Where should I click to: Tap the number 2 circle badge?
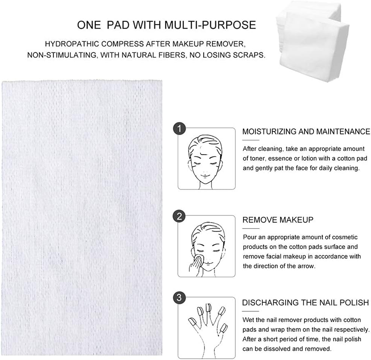[179, 217]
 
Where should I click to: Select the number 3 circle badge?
[179, 298]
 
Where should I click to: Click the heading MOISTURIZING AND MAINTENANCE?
[306, 132]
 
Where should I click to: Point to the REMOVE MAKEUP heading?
[278, 220]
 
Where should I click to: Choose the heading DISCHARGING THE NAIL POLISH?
[305, 303]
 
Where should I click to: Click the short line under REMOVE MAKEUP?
[251, 228]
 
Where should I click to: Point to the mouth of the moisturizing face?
[206, 175]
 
